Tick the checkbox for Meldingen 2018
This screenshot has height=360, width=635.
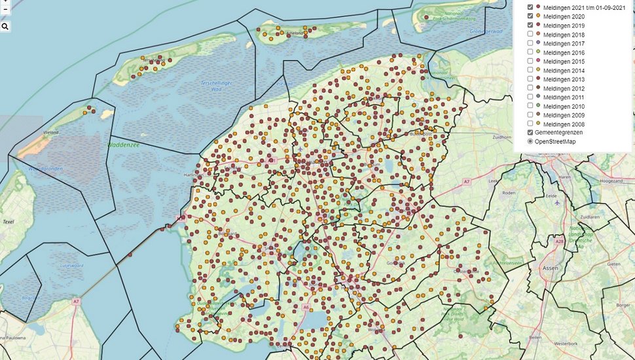point(530,34)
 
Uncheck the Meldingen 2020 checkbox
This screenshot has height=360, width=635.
point(530,16)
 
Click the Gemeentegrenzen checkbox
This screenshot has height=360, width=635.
point(530,132)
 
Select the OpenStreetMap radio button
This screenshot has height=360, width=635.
point(530,141)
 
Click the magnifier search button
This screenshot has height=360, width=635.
point(5,27)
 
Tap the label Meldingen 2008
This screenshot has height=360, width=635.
point(564,124)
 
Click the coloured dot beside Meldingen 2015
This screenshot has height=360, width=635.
point(538,61)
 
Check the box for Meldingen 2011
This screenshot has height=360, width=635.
point(530,97)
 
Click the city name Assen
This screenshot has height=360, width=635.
point(551,268)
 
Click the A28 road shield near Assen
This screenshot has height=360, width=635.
point(558,242)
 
